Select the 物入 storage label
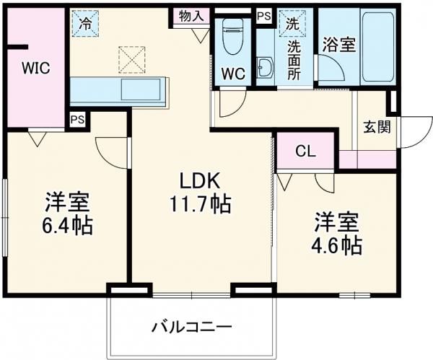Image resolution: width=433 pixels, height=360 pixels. click(x=191, y=16)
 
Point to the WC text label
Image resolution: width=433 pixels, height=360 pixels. click(x=233, y=74)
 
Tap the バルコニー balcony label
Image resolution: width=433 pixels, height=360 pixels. click(x=191, y=327)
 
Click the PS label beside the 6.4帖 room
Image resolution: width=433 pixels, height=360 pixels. click(x=76, y=120)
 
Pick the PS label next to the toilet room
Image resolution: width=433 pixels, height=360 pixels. click(x=264, y=15)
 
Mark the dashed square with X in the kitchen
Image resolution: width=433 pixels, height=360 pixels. click(x=131, y=60)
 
